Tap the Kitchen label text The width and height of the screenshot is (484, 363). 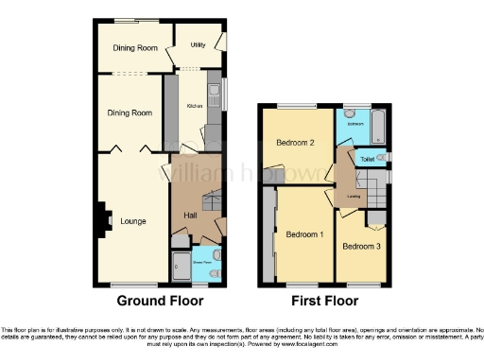coord(195,106)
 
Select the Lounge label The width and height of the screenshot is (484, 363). coord(132,222)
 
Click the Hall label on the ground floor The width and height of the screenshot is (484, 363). coord(189,216)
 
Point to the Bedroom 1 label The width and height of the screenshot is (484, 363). coord(304,234)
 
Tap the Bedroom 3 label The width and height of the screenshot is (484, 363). coord(361,247)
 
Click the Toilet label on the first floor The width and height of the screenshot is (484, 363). coord(367,160)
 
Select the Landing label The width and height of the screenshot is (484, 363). coord(353,197)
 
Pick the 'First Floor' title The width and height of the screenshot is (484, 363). coord(324,302)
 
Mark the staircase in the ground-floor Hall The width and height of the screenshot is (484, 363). coord(211,200)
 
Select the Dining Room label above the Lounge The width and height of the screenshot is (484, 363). coord(129,112)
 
